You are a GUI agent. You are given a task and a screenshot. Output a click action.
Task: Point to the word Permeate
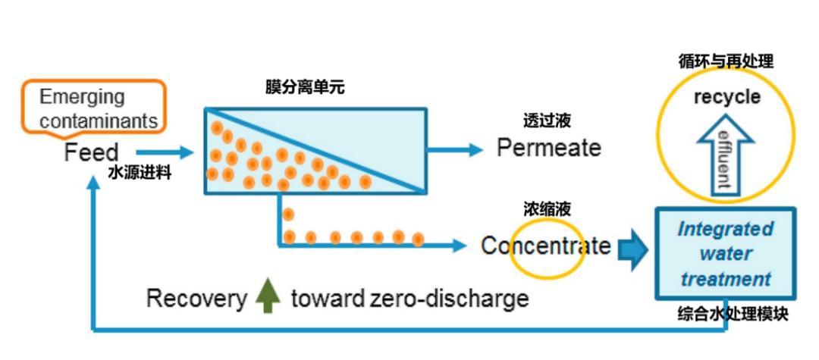pos(548,148)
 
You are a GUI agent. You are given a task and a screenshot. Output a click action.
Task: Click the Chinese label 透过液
pos(547,121)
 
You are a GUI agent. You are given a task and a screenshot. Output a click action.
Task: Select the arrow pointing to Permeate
pos(455,149)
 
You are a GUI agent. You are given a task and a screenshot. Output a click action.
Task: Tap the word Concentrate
pos(546,246)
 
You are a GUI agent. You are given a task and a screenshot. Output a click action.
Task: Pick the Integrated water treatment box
pos(725,253)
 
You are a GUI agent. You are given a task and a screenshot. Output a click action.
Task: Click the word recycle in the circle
pos(726,97)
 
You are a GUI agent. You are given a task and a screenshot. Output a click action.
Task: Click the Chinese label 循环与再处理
pos(726,61)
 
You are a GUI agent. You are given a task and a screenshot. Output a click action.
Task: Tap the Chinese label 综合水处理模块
pos(732,313)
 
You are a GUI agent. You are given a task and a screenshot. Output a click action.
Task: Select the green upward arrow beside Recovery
pos(268,296)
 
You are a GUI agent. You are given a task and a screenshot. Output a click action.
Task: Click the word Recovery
pos(196,299)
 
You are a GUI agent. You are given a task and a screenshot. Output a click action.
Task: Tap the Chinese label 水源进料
pos(140,173)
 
